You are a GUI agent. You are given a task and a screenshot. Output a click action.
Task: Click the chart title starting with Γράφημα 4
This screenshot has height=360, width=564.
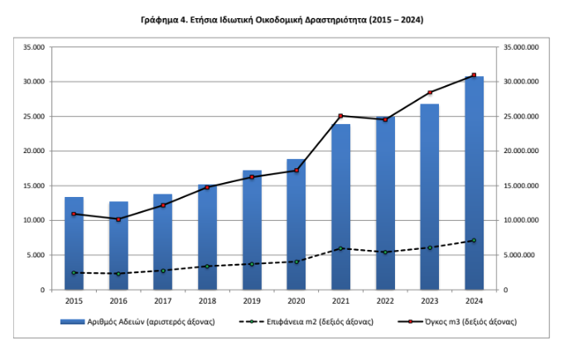tap(282, 20)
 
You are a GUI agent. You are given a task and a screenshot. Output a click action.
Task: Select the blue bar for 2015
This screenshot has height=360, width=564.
tap(74, 243)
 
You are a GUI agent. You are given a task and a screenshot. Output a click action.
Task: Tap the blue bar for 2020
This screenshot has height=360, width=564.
tap(296, 224)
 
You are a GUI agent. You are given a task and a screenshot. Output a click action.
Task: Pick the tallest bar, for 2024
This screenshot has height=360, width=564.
tap(474, 183)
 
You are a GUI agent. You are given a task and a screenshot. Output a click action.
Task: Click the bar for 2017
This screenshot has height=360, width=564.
tap(162, 242)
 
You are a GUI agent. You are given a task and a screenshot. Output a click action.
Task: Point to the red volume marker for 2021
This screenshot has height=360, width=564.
tap(340, 116)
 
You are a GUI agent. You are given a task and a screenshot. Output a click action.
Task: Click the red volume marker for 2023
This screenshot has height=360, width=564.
tap(430, 93)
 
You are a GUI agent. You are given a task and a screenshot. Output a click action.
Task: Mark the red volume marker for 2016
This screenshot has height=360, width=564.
tap(118, 219)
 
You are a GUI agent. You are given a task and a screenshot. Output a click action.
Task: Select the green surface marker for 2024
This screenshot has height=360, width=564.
tap(474, 240)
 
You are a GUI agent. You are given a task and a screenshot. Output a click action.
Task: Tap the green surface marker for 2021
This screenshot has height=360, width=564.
tap(340, 248)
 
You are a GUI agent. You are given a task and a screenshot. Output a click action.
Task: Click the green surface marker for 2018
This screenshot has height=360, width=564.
tap(207, 266)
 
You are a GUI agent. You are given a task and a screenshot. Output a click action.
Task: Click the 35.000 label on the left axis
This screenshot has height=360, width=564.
tap(34, 47)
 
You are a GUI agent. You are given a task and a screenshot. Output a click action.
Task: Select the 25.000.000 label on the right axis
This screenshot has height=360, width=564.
tap(521, 117)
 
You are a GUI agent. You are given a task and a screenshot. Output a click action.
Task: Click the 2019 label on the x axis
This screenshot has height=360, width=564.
tap(252, 301)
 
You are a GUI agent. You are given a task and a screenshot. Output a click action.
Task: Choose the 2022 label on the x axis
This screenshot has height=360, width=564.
tap(385, 301)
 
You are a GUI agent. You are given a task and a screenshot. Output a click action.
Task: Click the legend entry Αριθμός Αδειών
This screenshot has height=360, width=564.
tap(137, 322)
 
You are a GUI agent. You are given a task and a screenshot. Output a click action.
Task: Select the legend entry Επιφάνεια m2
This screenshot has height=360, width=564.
tap(306, 322)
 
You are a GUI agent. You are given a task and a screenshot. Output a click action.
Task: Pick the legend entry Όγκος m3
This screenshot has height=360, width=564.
tap(457, 322)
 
